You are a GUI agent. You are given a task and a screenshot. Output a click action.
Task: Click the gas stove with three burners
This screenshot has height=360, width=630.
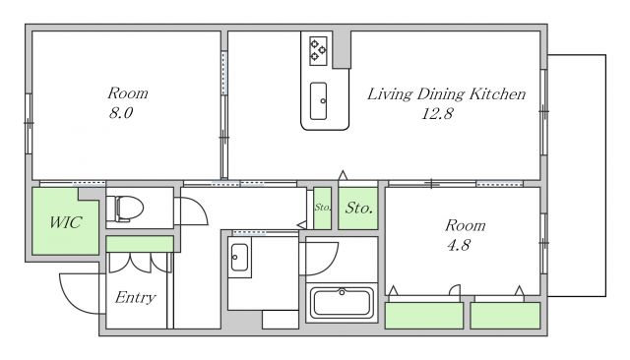pyautogui.click(x=318, y=51)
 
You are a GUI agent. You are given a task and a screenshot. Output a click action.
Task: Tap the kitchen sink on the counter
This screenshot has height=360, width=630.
pyautogui.click(x=318, y=101)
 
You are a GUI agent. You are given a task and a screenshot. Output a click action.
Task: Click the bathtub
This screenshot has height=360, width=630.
pyautogui.click(x=342, y=303)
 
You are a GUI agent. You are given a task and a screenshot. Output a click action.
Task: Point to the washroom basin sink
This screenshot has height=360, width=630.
pyautogui.click(x=239, y=258)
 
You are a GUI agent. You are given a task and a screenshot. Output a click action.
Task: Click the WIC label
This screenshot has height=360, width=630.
pyautogui.click(x=66, y=222)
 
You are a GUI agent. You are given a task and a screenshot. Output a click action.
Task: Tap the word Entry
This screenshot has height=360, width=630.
pyautogui.click(x=136, y=298)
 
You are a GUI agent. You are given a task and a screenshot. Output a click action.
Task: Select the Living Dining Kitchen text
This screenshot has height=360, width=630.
pyautogui.click(x=446, y=94)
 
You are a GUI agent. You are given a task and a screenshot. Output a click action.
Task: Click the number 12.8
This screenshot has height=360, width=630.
pyautogui.click(x=437, y=114)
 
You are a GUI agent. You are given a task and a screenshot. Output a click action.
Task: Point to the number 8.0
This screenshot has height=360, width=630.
pyautogui.click(x=121, y=113)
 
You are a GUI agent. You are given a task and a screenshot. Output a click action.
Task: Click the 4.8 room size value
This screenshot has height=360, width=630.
pyautogui.click(x=459, y=245)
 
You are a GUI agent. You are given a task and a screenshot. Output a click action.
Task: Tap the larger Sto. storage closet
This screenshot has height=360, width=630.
pyautogui.click(x=358, y=209)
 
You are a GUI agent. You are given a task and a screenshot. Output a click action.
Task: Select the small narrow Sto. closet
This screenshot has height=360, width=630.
pyautogui.click(x=322, y=209)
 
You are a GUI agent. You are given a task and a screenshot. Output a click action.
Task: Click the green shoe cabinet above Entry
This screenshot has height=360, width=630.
pyautogui.click(x=140, y=244)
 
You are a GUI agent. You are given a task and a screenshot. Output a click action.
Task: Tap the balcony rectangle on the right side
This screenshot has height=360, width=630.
pyautogui.click(x=577, y=175)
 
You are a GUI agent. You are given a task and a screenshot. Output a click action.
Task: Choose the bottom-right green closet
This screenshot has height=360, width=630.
pyautogui.click(x=505, y=316)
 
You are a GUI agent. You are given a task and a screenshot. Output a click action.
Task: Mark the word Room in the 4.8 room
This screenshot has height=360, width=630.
pyautogui.click(x=466, y=225)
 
